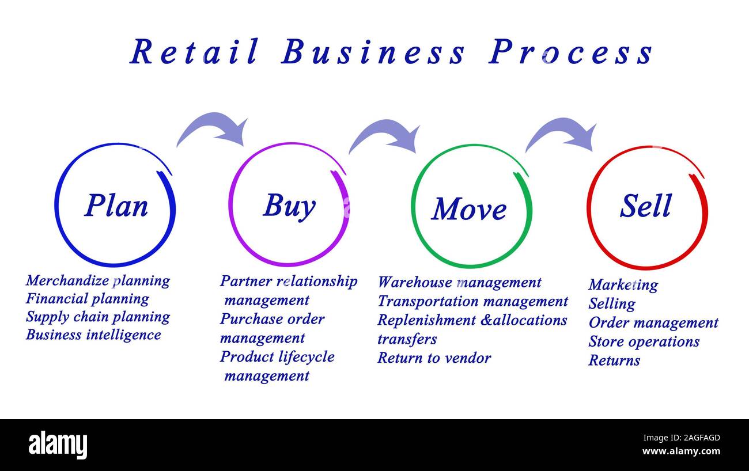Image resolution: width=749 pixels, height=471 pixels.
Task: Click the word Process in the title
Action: [570, 52]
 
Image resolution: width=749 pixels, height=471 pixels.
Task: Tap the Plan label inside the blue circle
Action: [116, 206]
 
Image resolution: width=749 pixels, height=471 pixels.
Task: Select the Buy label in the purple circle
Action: [289, 206]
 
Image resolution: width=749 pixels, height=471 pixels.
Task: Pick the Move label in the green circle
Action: [469, 209]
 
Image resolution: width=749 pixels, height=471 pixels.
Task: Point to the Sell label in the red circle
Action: [646, 206]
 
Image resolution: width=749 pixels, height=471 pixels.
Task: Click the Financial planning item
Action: [87, 299]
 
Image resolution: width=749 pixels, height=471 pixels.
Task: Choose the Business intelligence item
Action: [93, 335]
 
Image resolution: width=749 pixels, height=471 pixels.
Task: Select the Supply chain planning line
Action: [98, 317]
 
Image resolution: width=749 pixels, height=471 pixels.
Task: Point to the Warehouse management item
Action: [459, 282]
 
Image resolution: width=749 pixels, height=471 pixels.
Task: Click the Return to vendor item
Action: [434, 358]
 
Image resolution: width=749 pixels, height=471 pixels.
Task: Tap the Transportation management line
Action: [472, 301]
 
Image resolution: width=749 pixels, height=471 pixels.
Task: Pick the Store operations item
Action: [644, 341]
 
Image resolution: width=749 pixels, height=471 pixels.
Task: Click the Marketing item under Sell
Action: [623, 285]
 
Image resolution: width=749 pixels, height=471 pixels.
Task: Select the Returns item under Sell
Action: [614, 360]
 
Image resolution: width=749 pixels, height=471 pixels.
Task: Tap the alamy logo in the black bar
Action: [58, 445]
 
